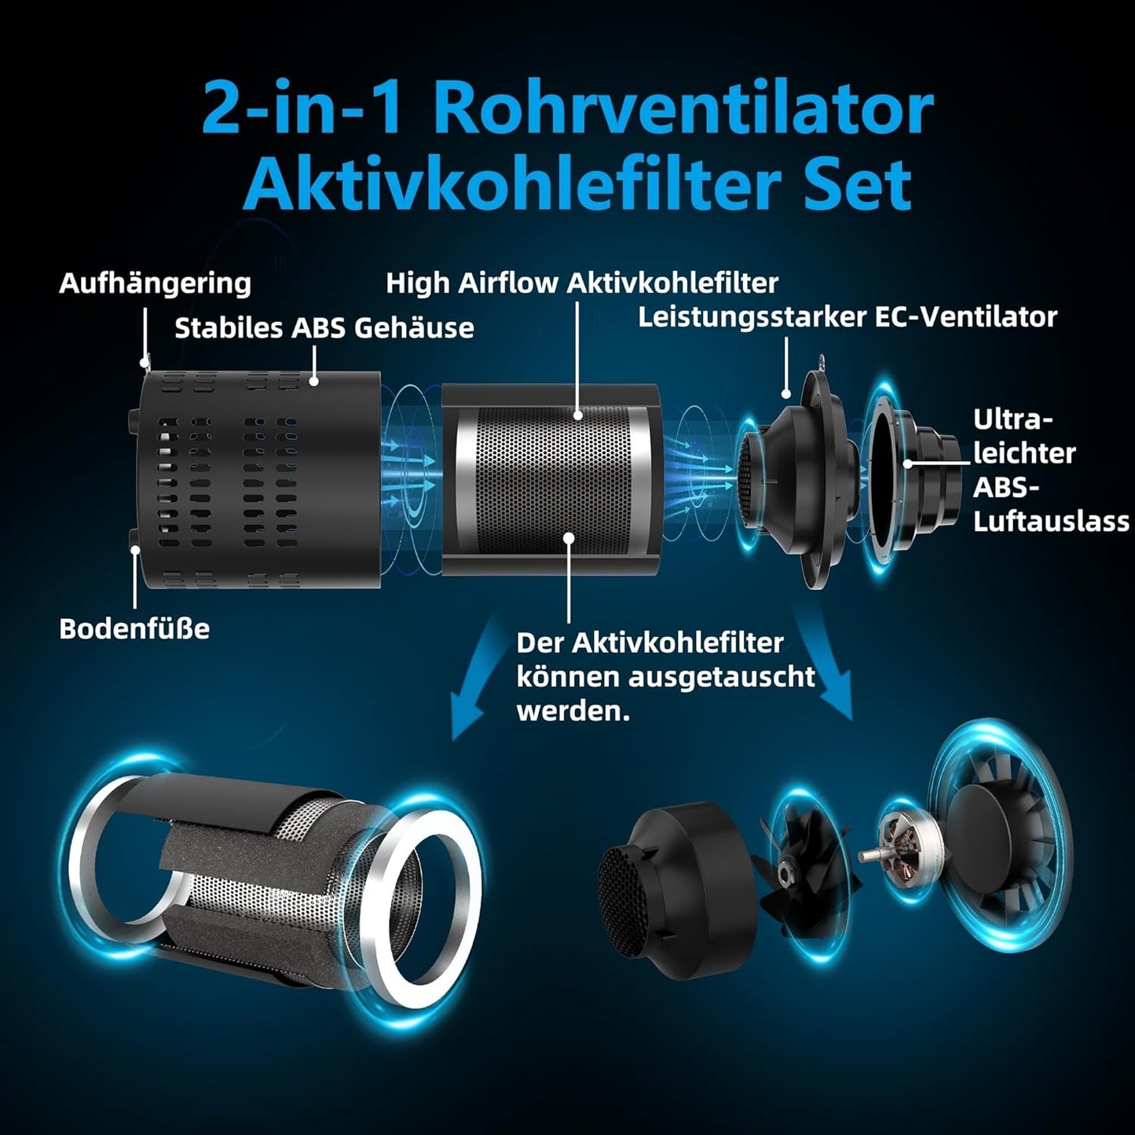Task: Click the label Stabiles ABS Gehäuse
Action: coord(324,328)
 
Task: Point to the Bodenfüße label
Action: coord(134,628)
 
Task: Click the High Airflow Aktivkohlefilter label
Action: coord(582,284)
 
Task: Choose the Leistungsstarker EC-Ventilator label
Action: coord(848,317)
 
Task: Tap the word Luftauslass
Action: coord(1051,522)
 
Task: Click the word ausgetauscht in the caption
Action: coord(722,677)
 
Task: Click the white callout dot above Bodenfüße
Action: coord(135,550)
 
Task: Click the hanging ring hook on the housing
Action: coord(146,360)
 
